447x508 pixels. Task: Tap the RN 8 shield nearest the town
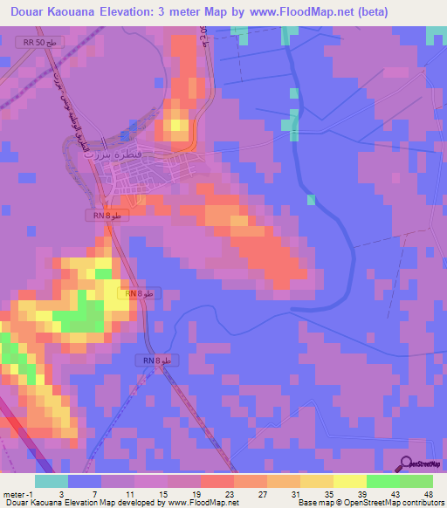107,215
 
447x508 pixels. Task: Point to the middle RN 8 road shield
139,295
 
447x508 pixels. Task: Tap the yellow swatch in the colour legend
349,481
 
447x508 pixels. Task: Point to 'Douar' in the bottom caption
16,503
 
